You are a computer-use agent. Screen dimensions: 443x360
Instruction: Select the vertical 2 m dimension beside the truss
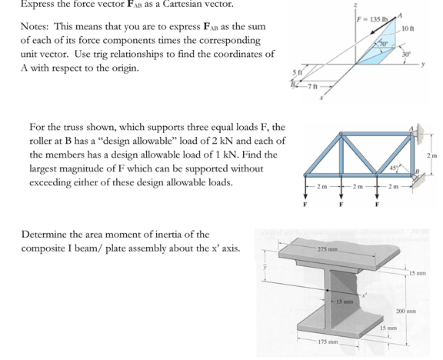(x=432, y=158)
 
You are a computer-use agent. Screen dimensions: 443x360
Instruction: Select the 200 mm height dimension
(x=406, y=311)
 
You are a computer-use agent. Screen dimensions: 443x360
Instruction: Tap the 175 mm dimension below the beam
(x=328, y=341)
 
